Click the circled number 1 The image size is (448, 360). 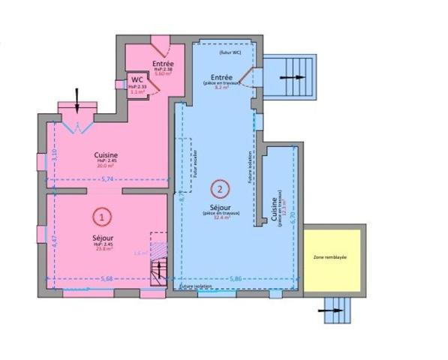[x=102, y=216]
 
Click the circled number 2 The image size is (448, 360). [x=220, y=189]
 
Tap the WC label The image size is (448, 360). [x=137, y=79]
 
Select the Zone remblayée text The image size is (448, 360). [x=334, y=256]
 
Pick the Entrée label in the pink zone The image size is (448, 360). [x=163, y=64]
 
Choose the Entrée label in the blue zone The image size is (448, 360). [x=221, y=77]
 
